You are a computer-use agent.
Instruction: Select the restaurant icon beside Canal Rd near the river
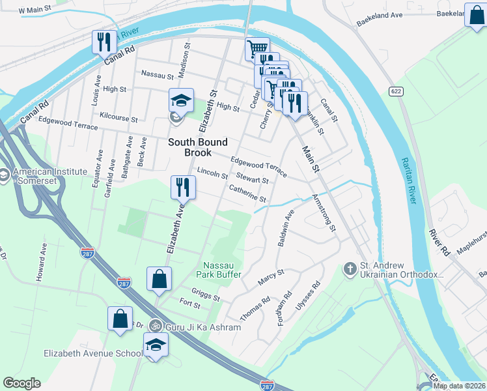104,42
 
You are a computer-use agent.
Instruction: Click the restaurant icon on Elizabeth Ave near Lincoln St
183,188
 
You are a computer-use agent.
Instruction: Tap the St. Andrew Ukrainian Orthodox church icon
350,268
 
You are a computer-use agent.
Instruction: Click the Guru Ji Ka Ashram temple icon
155,325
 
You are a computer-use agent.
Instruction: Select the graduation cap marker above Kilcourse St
181,101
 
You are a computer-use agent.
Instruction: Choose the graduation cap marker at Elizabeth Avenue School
156,345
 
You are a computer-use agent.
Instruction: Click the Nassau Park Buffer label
223,270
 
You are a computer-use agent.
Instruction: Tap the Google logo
21,383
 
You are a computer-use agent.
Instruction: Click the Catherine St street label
247,194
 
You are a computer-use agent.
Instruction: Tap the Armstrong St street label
324,212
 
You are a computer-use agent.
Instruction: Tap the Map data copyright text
458,386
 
